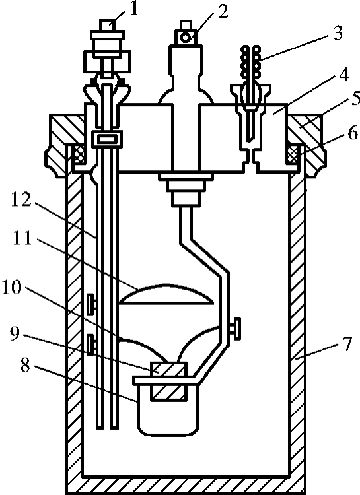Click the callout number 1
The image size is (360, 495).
(134, 9)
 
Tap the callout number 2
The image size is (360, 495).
(223, 11)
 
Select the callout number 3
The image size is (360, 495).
(338, 33)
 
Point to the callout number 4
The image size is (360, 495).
(344, 75)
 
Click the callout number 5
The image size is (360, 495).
(355, 98)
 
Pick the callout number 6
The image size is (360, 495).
(353, 133)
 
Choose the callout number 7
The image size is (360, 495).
(347, 344)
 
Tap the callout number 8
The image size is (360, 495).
(25, 365)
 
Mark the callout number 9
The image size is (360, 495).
(15, 334)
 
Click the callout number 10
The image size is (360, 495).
(12, 288)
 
